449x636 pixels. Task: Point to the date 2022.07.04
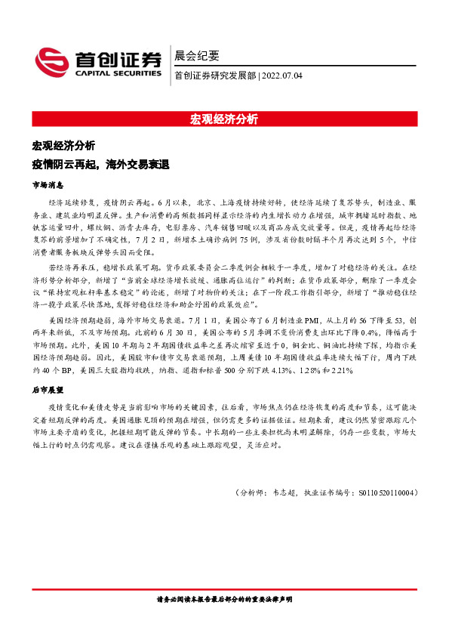[x=283, y=76]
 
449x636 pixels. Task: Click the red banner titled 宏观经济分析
[x=224, y=119]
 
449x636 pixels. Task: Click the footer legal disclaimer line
[x=224, y=599]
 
